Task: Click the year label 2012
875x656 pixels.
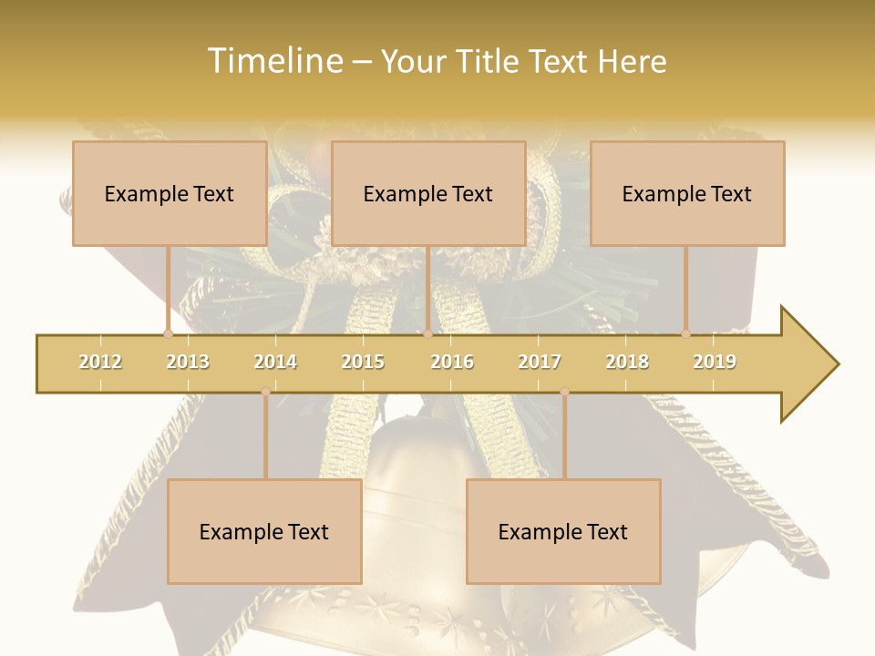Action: click(100, 362)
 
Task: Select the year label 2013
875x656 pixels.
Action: click(188, 362)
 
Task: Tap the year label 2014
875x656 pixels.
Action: click(275, 362)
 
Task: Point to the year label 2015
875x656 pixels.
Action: click(363, 362)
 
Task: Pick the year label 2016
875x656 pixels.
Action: click(452, 362)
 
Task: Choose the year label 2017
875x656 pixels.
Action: click(540, 362)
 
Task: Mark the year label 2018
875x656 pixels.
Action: click(627, 362)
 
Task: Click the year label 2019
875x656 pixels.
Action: click(715, 362)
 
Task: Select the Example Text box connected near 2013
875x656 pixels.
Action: click(170, 193)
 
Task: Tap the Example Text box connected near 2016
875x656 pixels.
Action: click(428, 193)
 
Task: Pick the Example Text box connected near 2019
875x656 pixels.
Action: click(687, 193)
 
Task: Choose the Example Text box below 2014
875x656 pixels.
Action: click(264, 531)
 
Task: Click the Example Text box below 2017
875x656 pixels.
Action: click(563, 531)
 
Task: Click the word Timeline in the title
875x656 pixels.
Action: click(273, 61)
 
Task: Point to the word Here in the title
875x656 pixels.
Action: click(633, 61)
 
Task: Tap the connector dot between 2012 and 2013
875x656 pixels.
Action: click(168, 334)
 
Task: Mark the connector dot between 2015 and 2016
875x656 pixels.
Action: click(427, 334)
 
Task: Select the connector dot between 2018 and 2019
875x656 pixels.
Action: click(685, 334)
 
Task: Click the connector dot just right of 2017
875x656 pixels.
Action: click(564, 392)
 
